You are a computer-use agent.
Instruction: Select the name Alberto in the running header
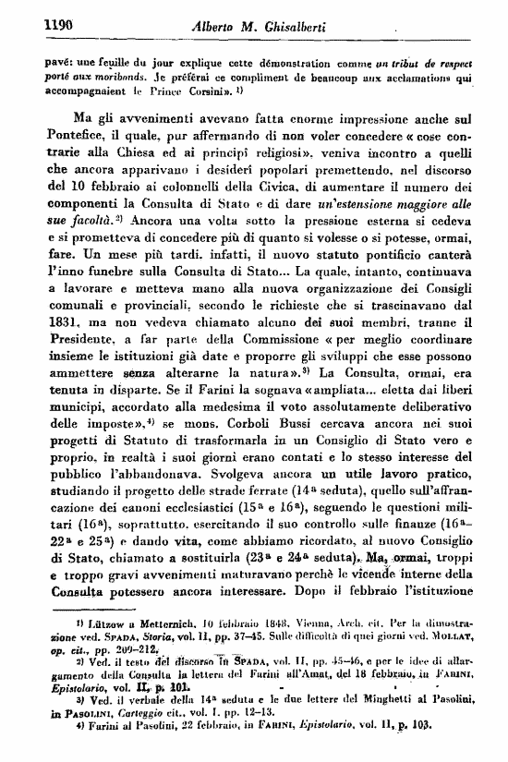click(x=214, y=27)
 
